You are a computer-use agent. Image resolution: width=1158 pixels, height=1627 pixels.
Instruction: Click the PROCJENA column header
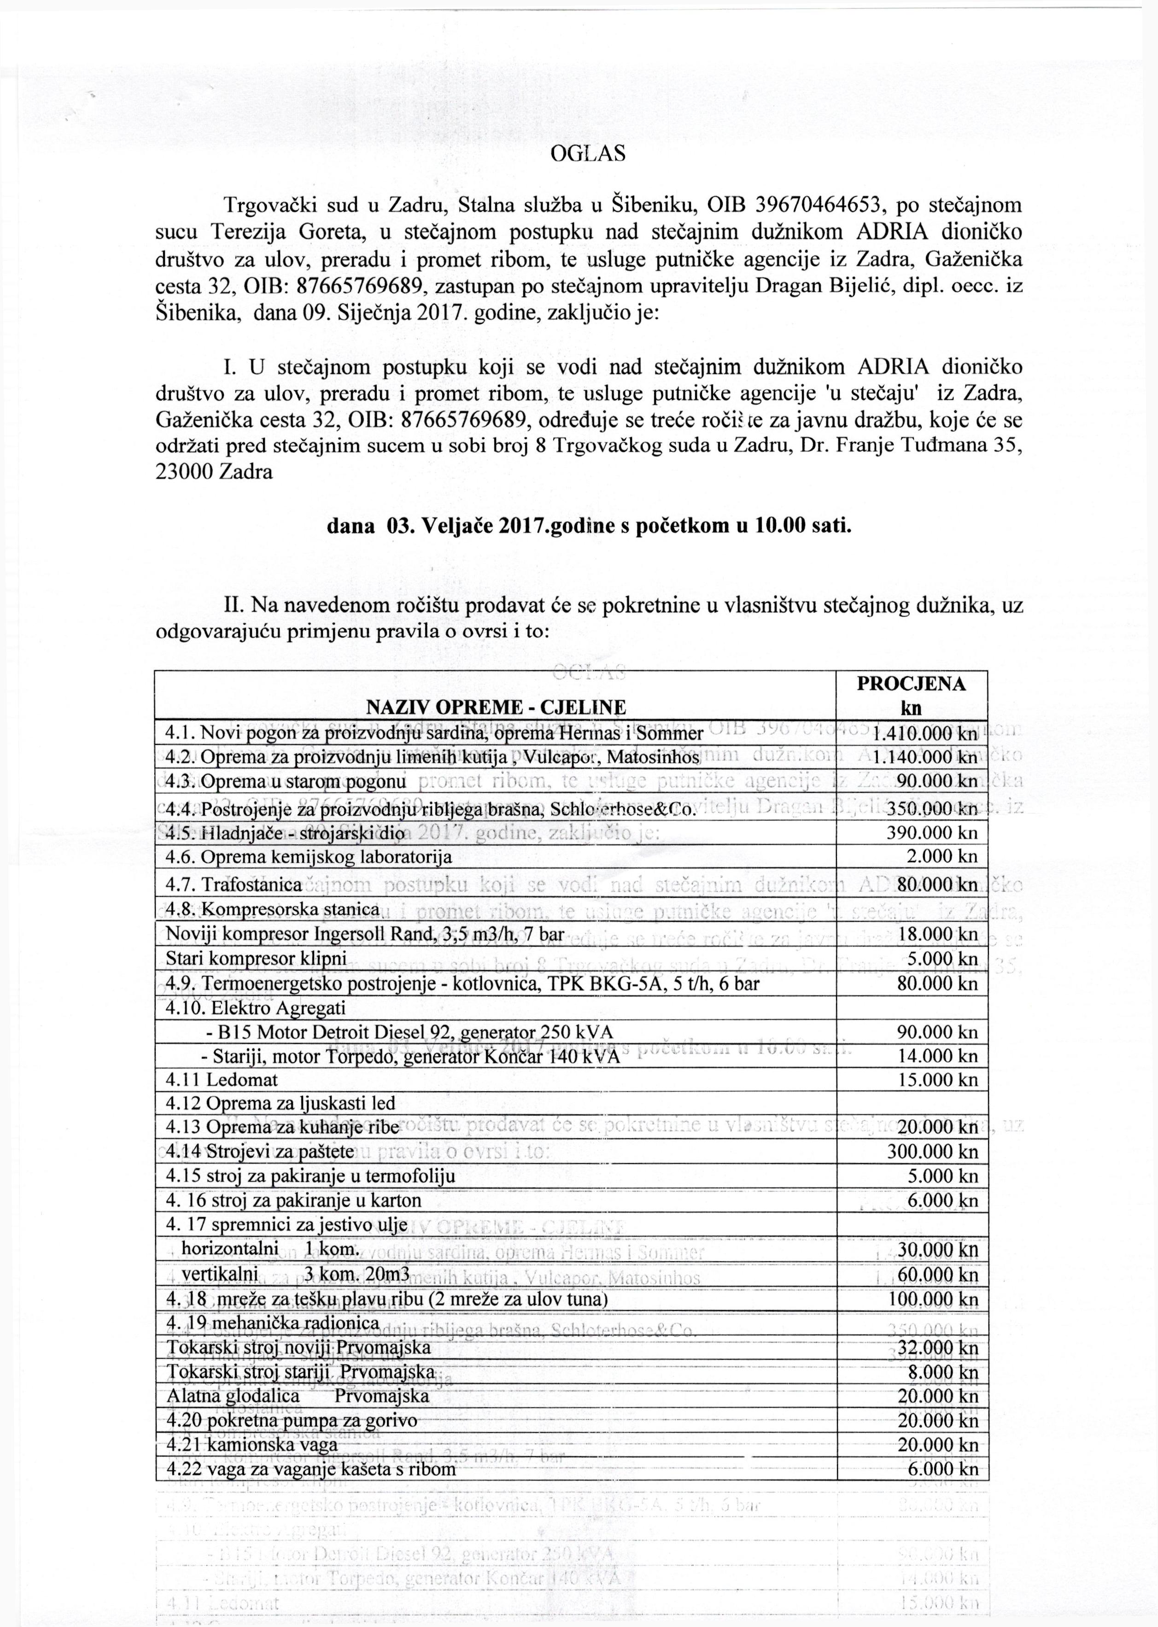911,684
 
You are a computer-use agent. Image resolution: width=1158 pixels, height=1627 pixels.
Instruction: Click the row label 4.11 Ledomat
222,1079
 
